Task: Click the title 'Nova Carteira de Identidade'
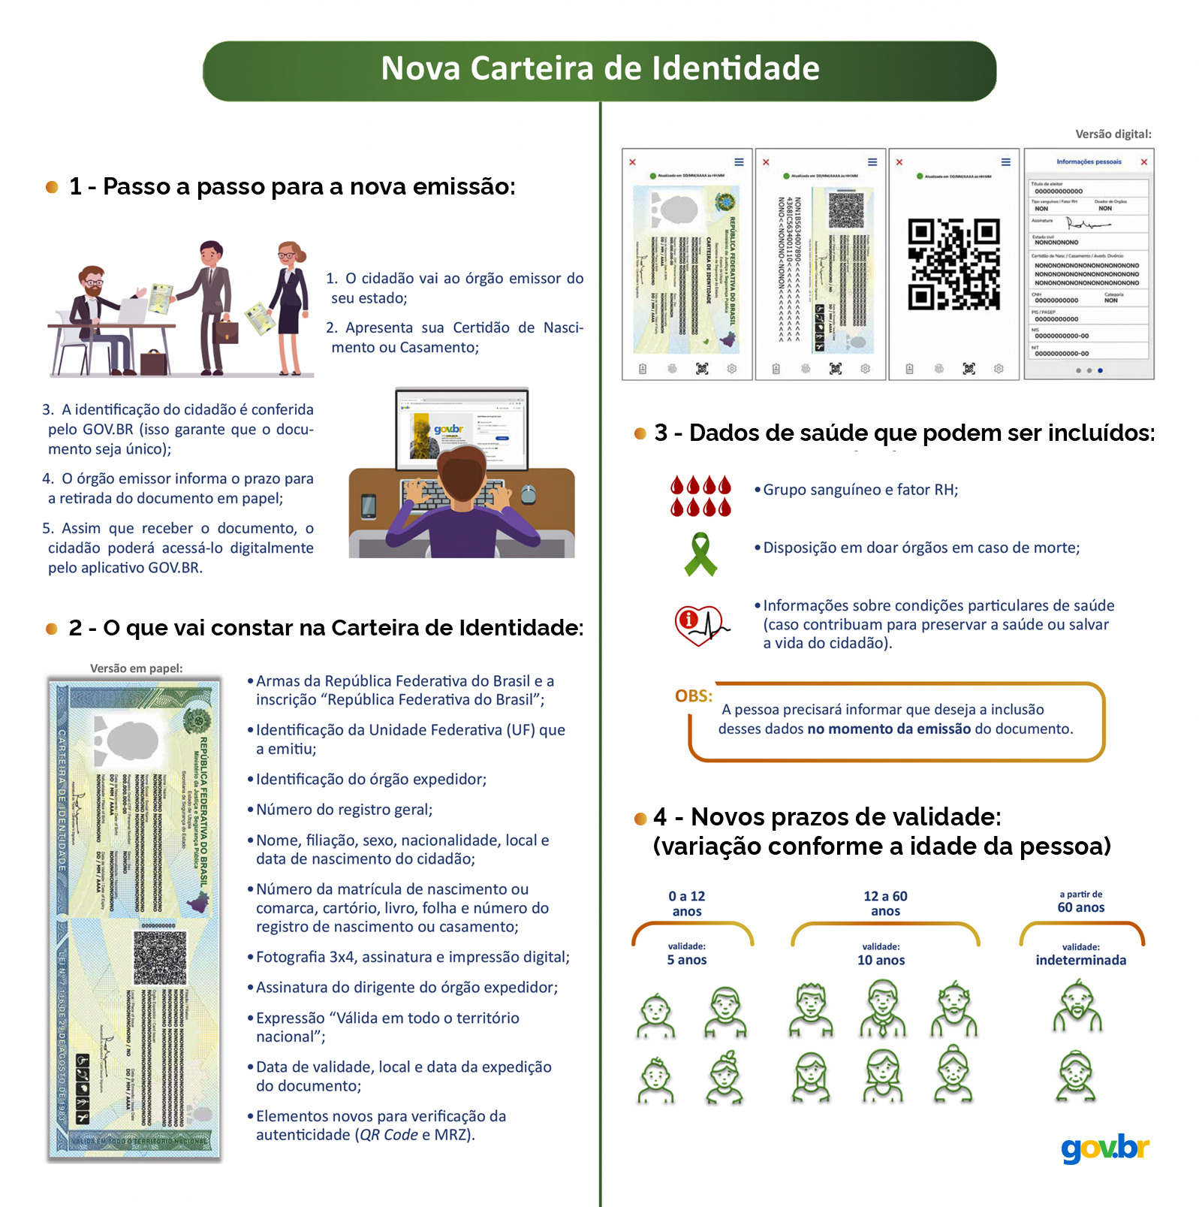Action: pyautogui.click(x=600, y=68)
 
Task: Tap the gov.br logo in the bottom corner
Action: pyautogui.click(x=1104, y=1148)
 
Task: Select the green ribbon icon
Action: pyautogui.click(x=700, y=554)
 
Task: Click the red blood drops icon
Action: pyautogui.click(x=700, y=496)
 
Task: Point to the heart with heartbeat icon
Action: pyautogui.click(x=700, y=625)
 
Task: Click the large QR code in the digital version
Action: pyautogui.click(x=953, y=264)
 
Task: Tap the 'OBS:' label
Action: pyautogui.click(x=693, y=696)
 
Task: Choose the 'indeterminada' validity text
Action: pyautogui.click(x=1080, y=960)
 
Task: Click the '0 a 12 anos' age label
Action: pyautogui.click(x=687, y=904)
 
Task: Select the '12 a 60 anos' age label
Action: pyautogui.click(x=885, y=904)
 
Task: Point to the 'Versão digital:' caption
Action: pyautogui.click(x=1113, y=134)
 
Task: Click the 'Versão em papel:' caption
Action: pyautogui.click(x=136, y=668)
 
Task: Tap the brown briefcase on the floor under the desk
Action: pyautogui.click(x=155, y=363)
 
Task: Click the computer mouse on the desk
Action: pyautogui.click(x=529, y=493)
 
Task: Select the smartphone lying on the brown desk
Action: pyautogui.click(x=369, y=505)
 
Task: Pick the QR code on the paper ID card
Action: pyautogui.click(x=159, y=957)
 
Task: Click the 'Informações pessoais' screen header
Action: pyautogui.click(x=1088, y=161)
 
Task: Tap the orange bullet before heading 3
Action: pyautogui.click(x=640, y=433)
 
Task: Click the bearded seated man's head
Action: pyautogui.click(x=92, y=282)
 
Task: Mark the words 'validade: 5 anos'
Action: pyautogui.click(x=687, y=954)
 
